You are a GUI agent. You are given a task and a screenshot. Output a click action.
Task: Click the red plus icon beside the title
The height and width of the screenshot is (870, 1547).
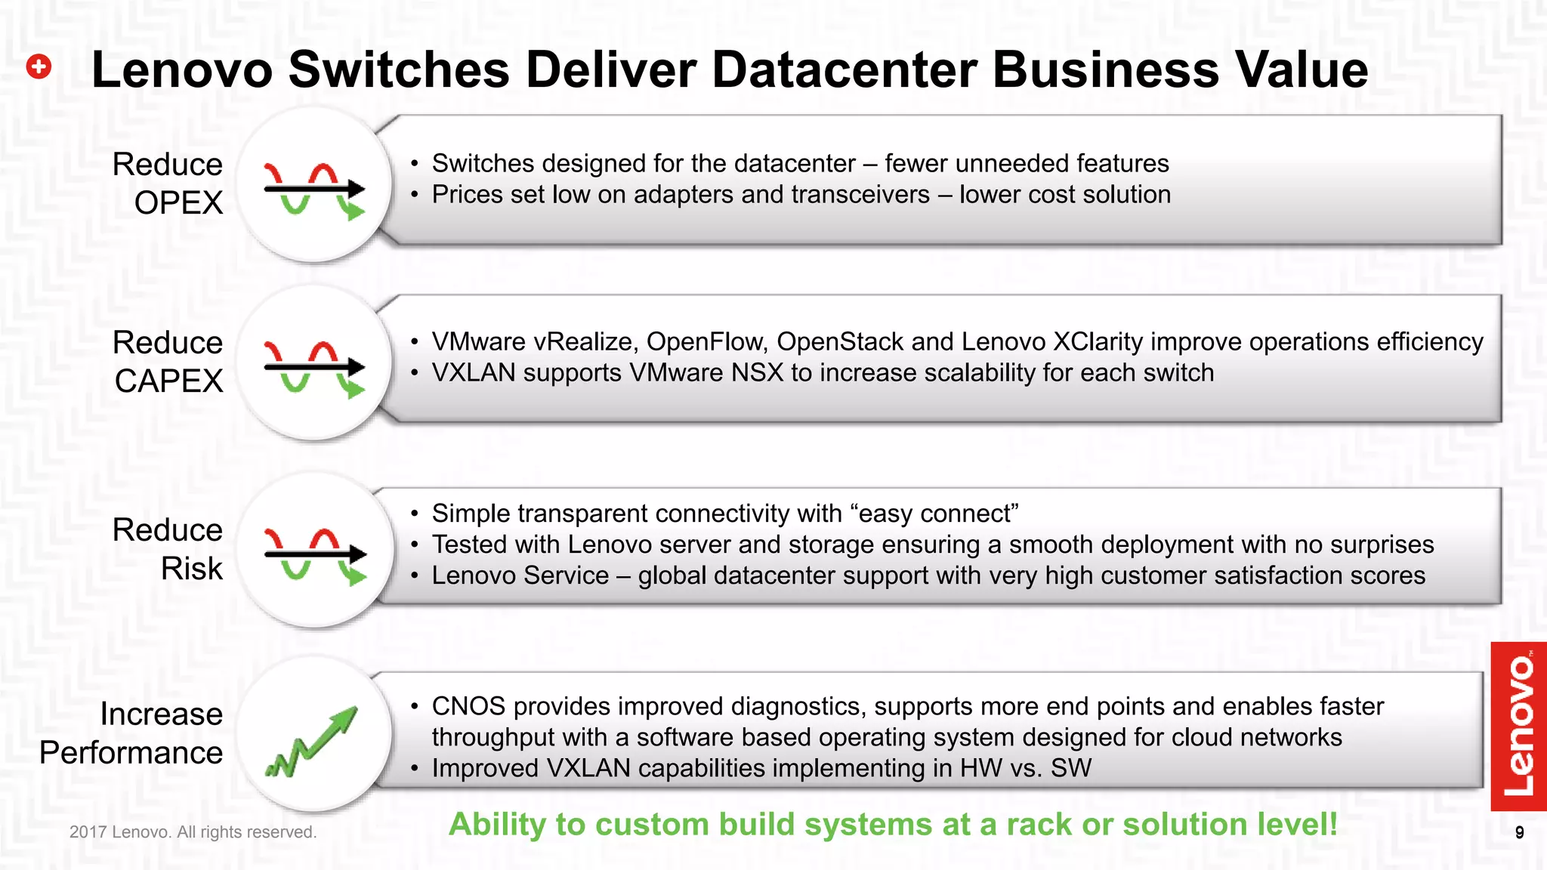(x=39, y=67)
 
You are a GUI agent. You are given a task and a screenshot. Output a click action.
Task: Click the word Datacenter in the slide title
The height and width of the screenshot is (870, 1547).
(x=845, y=69)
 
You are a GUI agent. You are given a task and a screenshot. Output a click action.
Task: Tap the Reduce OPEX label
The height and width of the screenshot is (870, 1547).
(x=168, y=184)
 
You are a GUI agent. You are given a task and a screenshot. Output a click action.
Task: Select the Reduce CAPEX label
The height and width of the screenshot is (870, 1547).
(x=168, y=362)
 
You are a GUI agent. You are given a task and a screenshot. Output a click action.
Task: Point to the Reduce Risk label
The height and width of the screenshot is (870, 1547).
(x=168, y=549)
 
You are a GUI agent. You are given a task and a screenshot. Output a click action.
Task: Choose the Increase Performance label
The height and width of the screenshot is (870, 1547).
(x=131, y=733)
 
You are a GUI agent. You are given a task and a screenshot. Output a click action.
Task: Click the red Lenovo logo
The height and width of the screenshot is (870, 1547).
(x=1518, y=726)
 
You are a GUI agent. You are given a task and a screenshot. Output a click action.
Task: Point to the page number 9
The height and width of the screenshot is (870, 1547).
(x=1519, y=833)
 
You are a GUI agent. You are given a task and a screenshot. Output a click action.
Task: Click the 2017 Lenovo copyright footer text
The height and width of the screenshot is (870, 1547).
(x=193, y=832)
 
